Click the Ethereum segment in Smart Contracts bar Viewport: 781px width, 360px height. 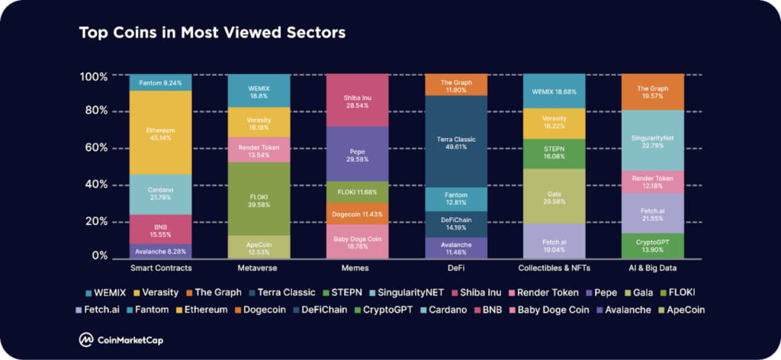[160, 133]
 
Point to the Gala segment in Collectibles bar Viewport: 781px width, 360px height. [554, 196]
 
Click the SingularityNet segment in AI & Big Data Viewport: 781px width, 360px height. [652, 140]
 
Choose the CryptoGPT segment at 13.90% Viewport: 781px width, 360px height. [652, 245]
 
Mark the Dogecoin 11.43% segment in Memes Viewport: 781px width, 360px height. [357, 214]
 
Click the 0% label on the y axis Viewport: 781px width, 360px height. [98, 256]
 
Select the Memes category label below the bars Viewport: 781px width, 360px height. [357, 268]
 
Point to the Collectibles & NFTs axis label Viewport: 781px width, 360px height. [554, 268]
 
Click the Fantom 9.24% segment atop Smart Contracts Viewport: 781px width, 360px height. [160, 82]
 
